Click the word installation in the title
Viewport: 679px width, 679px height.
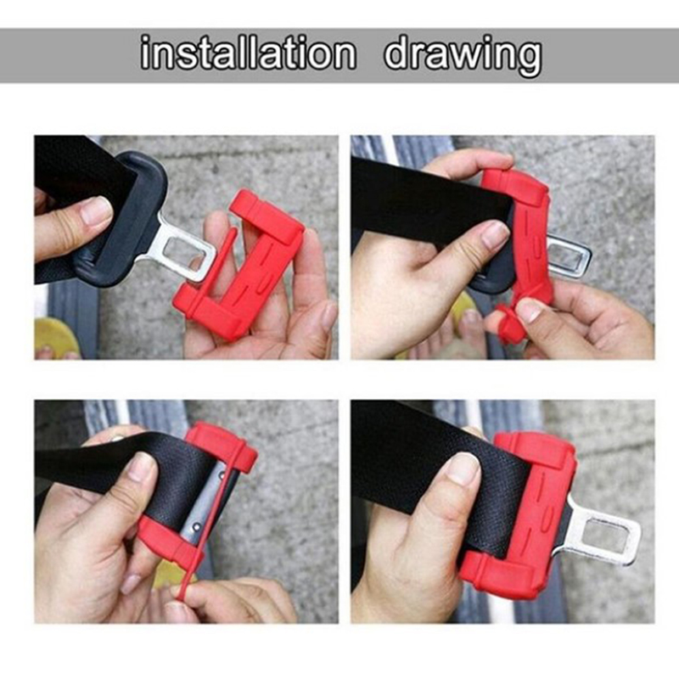248,53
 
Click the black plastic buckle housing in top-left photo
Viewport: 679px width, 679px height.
121,216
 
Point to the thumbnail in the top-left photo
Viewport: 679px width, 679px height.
97,210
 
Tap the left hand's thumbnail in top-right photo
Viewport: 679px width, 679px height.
495,234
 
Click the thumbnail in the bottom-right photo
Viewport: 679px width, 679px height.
463,469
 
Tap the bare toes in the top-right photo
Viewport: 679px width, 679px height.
470,334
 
